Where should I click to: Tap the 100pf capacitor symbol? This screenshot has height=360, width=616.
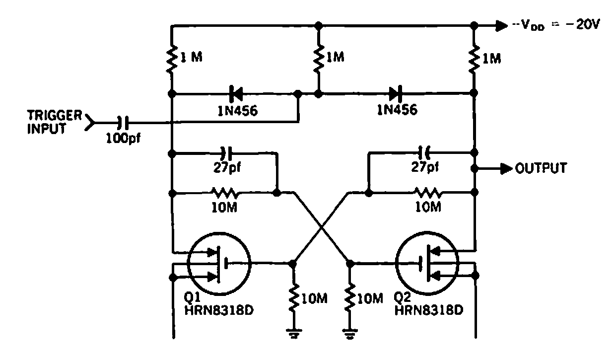point(122,121)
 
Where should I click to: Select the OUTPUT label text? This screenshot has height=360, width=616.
point(541,168)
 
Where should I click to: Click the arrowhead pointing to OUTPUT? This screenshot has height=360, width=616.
point(505,168)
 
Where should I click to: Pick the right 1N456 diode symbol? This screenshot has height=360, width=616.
point(393,93)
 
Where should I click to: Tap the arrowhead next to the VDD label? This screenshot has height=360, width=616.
point(500,25)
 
